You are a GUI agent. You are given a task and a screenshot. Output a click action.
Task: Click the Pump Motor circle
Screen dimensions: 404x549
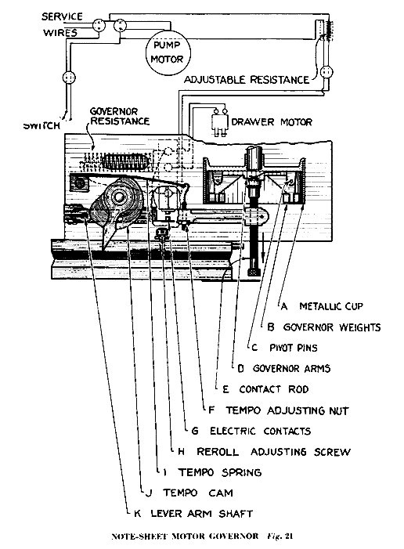pos(167,53)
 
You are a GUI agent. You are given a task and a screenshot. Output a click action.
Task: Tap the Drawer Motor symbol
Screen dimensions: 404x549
pos(219,122)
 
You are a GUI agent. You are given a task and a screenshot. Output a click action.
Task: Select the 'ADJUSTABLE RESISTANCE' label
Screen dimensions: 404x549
pos(247,80)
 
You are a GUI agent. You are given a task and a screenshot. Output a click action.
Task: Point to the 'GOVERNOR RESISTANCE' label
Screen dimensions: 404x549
pos(120,116)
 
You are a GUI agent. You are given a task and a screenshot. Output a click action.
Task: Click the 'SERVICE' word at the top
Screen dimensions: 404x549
pos(62,16)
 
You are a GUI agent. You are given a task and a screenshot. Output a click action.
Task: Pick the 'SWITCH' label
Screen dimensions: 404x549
pos(41,125)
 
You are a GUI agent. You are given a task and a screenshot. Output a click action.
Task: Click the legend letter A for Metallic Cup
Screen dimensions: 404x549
pos(284,307)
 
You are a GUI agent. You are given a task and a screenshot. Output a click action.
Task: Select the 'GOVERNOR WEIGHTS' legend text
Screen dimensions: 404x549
pos(331,327)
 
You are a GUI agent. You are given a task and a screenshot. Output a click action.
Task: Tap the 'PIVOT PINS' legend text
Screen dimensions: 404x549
pos(294,348)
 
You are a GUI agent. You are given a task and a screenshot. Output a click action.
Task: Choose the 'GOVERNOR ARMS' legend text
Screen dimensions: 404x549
pos(291,369)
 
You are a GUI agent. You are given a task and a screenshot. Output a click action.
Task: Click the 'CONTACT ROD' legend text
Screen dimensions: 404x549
pos(274,389)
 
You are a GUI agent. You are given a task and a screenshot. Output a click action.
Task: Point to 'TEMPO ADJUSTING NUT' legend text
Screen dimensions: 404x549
pos(287,410)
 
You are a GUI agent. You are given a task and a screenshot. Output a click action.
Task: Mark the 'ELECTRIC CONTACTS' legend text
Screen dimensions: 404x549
pos(260,431)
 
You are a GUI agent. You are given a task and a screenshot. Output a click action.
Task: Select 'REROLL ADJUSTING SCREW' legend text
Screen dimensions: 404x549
pos(273,452)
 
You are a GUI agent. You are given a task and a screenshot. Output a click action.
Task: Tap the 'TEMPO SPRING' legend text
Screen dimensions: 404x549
pos(220,473)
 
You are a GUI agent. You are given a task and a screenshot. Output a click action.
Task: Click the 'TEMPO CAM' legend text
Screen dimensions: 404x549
pos(198,493)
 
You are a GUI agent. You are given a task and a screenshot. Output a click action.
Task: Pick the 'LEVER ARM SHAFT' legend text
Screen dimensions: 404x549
pos(202,514)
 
